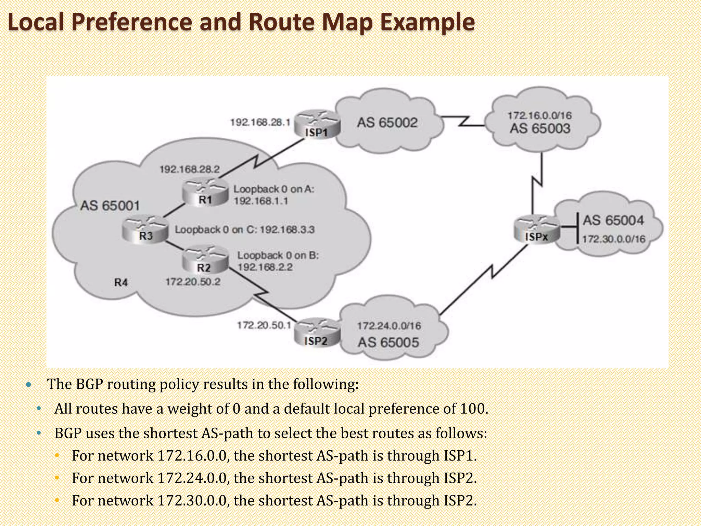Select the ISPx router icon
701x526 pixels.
(536, 229)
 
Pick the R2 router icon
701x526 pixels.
(204, 260)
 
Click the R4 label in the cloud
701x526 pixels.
(121, 283)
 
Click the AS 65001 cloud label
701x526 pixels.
(110, 206)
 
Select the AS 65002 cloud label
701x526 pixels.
(387, 123)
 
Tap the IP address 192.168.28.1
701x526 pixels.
(260, 122)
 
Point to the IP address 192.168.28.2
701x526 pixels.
(190, 169)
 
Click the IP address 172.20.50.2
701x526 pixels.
(193, 282)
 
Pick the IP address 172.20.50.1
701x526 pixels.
(264, 325)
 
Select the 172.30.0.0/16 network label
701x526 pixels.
(613, 239)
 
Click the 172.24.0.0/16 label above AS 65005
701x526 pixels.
(389, 326)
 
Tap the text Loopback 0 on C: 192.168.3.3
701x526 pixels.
(244, 229)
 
